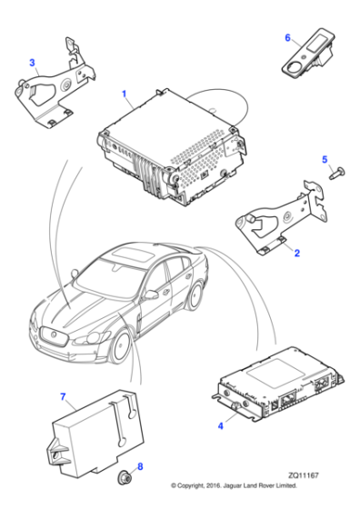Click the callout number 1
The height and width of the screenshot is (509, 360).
[x=125, y=94]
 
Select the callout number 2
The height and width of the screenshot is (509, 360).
[x=295, y=254]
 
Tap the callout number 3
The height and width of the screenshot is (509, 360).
[x=33, y=63]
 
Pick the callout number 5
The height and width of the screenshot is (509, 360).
[x=324, y=160]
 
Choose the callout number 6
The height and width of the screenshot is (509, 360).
[x=287, y=37]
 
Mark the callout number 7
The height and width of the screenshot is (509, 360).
[x=63, y=396]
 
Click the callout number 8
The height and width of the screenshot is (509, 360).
[x=138, y=468]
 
